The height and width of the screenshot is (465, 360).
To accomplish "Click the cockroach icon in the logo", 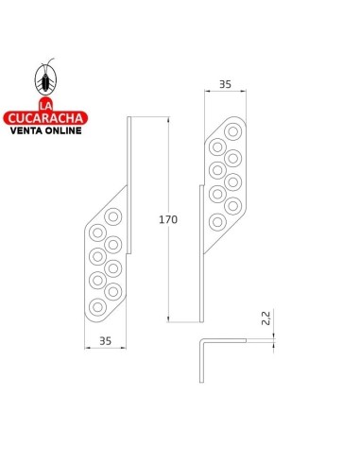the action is click(x=46, y=77).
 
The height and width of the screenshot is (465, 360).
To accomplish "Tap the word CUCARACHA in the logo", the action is click(x=45, y=118).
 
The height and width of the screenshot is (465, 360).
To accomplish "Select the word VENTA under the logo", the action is click(x=26, y=130).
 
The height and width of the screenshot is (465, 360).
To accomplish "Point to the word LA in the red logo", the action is click(x=45, y=105).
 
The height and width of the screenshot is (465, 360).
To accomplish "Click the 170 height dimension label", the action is click(x=168, y=219).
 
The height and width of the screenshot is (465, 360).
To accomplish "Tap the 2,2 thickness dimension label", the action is click(x=266, y=318).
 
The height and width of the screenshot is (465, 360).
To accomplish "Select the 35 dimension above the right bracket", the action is click(x=225, y=84).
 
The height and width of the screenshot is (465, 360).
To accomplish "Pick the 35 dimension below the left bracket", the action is click(x=106, y=341).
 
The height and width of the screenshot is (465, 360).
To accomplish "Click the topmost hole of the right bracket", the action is click(x=233, y=131).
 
